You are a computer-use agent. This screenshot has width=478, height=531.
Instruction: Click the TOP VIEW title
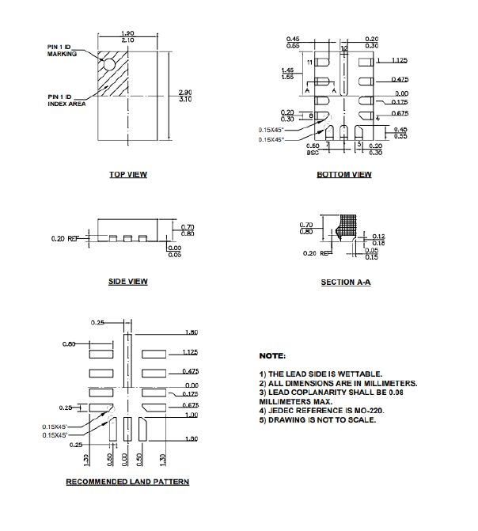pyautogui.click(x=127, y=174)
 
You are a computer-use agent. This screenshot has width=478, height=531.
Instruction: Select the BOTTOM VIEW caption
pyautogui.click(x=344, y=174)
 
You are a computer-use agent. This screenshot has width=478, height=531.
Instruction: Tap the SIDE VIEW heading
pyautogui.click(x=127, y=282)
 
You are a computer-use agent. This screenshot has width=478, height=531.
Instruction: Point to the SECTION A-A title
pyautogui.click(x=345, y=283)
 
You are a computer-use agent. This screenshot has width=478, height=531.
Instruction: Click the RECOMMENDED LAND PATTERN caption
pyautogui.click(x=127, y=481)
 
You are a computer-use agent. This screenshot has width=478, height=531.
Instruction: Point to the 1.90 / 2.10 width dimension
pyautogui.click(x=127, y=36)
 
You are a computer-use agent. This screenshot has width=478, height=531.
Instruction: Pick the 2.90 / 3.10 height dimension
pyautogui.click(x=186, y=97)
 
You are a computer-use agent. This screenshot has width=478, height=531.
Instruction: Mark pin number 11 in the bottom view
pyautogui.click(x=310, y=61)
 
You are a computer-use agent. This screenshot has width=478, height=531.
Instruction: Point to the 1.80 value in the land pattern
pyautogui.click(x=190, y=333)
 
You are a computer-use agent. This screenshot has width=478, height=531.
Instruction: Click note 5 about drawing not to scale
pyautogui.click(x=317, y=419)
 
